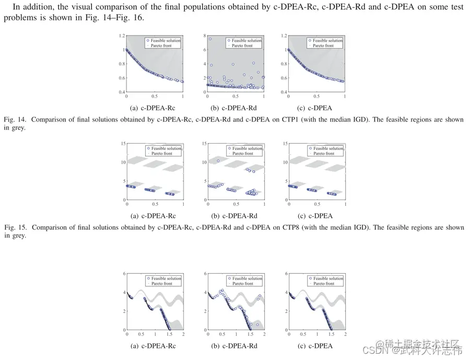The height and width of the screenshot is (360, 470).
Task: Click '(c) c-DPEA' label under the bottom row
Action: (315, 346)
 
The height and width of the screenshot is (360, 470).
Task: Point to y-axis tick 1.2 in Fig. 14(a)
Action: (122, 36)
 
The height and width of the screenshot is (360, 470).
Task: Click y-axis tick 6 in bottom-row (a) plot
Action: (123, 273)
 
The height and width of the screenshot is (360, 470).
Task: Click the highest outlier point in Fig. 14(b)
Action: (210, 39)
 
